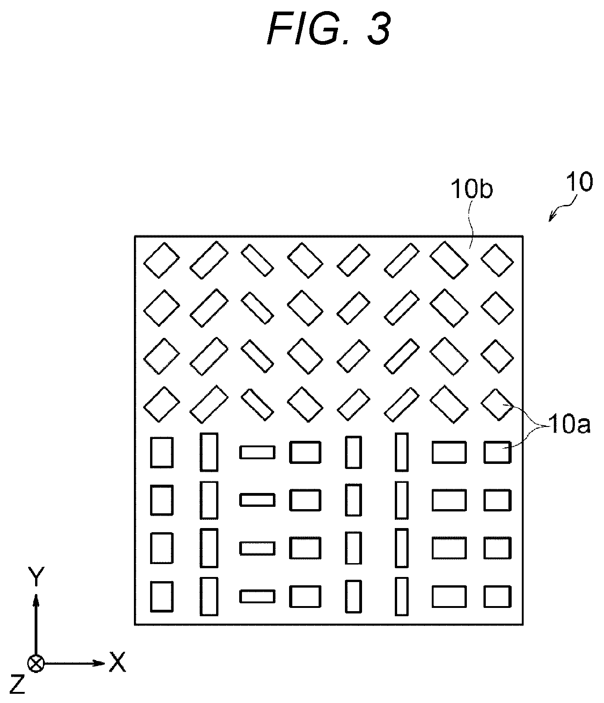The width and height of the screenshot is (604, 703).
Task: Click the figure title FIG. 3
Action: pos(329,30)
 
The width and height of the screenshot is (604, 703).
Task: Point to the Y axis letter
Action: pos(36,577)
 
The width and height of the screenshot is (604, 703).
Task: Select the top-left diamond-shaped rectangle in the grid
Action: pos(161,260)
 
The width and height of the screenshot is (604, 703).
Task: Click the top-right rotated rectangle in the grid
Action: pos(497,260)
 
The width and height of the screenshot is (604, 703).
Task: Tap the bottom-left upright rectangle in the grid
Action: pos(162,596)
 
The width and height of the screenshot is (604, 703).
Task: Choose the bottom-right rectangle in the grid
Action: pos(497,596)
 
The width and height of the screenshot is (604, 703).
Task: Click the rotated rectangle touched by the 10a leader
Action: pos(497,404)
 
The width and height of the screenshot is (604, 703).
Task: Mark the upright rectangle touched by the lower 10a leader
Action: pos(497,452)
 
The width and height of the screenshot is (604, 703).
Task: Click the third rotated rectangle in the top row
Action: pos(257,260)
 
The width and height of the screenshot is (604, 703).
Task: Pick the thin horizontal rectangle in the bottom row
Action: pos(257,596)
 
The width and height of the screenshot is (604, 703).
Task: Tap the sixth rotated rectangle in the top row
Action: pos(402,260)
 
